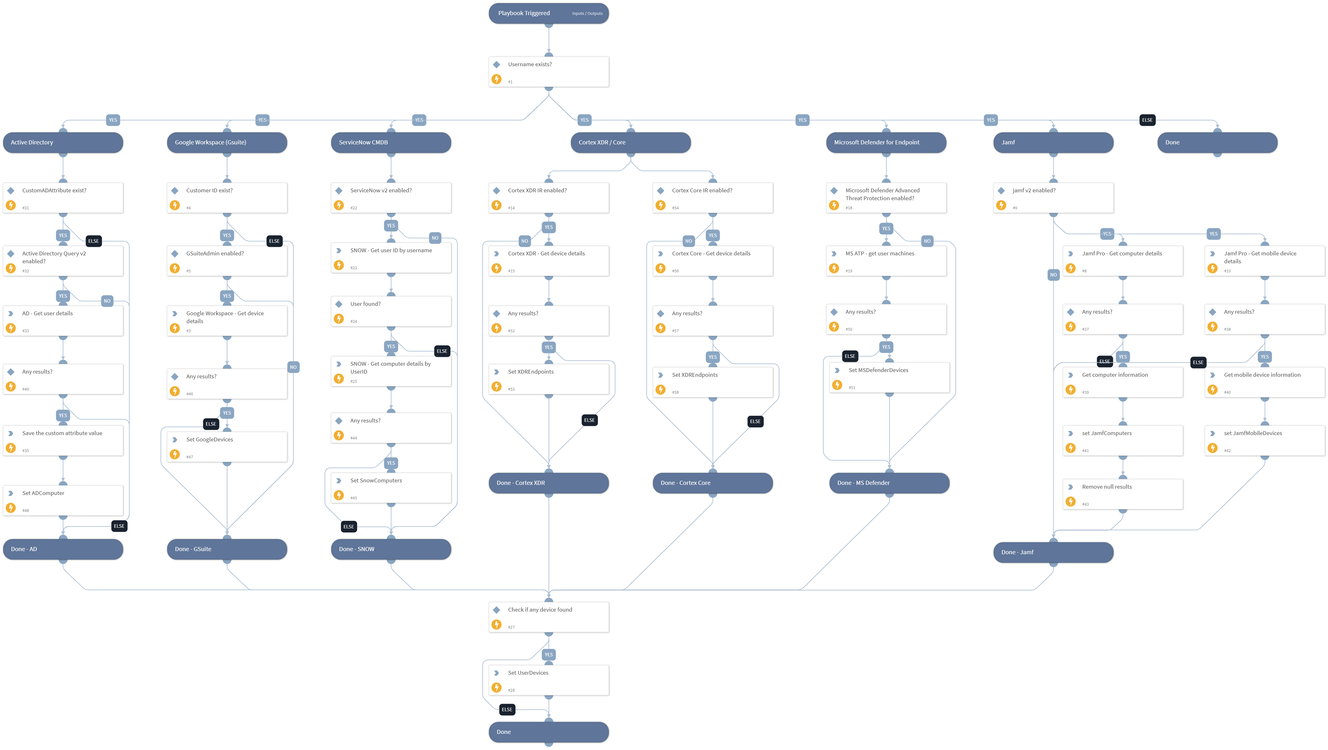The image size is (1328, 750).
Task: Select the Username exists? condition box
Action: point(549,72)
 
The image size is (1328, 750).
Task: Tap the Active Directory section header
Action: point(63,143)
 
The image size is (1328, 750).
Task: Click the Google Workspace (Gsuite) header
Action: point(227,143)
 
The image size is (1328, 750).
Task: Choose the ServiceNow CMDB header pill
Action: point(391,143)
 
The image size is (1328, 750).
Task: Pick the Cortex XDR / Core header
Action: point(631,143)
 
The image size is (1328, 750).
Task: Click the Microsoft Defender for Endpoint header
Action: point(886,143)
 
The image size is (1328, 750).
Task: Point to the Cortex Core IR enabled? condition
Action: point(713,198)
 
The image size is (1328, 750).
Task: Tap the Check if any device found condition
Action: point(549,617)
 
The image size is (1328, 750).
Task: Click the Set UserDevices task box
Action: point(549,680)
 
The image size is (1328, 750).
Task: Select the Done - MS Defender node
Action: point(889,483)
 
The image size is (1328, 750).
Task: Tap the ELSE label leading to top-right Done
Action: point(1147,120)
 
